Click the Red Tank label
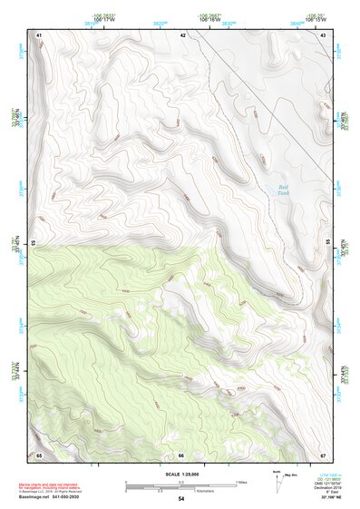(x=284, y=185)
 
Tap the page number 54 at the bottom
(x=181, y=499)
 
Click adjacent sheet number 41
(x=39, y=34)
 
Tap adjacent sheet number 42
(x=183, y=34)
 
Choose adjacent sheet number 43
(x=324, y=34)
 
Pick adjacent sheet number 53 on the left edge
(x=34, y=243)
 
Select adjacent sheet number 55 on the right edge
(x=328, y=243)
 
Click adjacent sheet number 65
(x=39, y=454)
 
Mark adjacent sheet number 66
(x=181, y=454)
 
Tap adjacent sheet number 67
(x=324, y=454)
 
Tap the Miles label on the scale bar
(x=241, y=481)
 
